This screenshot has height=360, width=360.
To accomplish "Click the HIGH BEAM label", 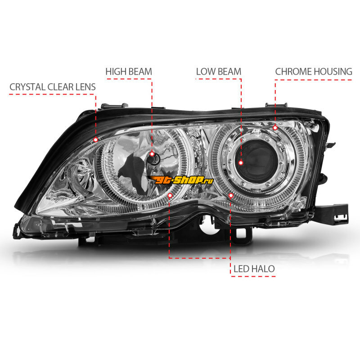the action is pyautogui.click(x=129, y=72).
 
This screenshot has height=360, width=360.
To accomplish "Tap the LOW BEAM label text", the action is pyautogui.click(x=219, y=72).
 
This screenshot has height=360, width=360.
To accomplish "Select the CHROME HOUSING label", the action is pyautogui.click(x=314, y=72).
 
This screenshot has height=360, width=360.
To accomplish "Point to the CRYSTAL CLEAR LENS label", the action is pyautogui.click(x=53, y=87).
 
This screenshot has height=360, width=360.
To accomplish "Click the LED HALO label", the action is pyautogui.click(x=254, y=269).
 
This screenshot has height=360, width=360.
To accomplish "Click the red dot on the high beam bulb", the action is pyautogui.click(x=152, y=154).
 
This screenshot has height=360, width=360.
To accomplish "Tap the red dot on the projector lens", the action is pyautogui.click(x=241, y=163).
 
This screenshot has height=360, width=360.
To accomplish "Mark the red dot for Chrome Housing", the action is pyautogui.click(x=275, y=128).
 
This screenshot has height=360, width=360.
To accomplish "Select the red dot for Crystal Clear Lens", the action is pyautogui.click(x=96, y=139).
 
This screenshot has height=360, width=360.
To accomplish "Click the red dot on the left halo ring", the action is pyautogui.click(x=170, y=195).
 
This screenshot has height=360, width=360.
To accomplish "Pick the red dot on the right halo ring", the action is pyautogui.click(x=231, y=195).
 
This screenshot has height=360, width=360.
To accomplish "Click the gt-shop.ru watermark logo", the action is pyautogui.click(x=180, y=180).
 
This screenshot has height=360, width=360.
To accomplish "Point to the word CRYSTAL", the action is pyautogui.click(x=27, y=87).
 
